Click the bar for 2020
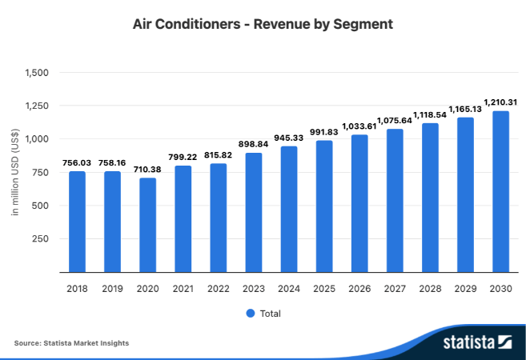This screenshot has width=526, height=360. click(x=148, y=225)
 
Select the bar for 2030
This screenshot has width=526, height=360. click(x=500, y=192)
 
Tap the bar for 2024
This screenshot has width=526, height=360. click(x=289, y=210)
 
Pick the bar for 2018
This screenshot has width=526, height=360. click(x=77, y=222)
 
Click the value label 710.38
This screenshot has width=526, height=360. click(x=148, y=170)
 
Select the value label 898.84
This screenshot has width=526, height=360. click(x=254, y=144)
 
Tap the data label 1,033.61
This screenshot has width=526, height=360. click(x=359, y=126)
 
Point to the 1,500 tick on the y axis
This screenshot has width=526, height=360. click(x=38, y=73)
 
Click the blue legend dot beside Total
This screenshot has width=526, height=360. click(x=250, y=313)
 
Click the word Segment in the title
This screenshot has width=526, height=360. click(x=364, y=24)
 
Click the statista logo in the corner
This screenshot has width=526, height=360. click(x=477, y=342)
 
